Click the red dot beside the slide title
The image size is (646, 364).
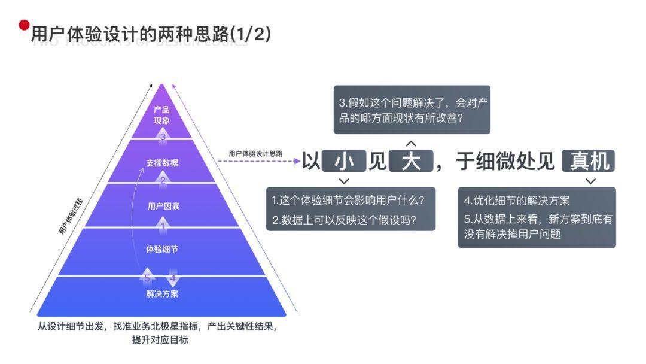click(x=24, y=25)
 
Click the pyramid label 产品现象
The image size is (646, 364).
click(x=161, y=115)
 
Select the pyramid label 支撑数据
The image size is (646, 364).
click(x=161, y=163)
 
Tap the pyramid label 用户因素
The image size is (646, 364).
click(x=163, y=206)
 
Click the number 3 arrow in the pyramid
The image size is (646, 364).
click(x=163, y=136)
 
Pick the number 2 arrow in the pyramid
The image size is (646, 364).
click(x=163, y=179)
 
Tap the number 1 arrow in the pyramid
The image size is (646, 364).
click(x=163, y=226)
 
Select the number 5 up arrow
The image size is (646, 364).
click(x=147, y=277)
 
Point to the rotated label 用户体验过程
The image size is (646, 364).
click(x=70, y=217)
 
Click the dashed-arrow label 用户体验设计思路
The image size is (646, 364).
click(x=255, y=153)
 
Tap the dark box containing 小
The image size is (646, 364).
click(x=343, y=161)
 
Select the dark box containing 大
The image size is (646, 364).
click(x=410, y=161)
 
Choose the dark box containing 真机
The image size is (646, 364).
click(x=589, y=161)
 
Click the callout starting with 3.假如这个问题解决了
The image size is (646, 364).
click(x=412, y=110)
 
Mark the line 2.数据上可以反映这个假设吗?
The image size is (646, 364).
click(x=345, y=220)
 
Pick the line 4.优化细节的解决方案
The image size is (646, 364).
click(x=517, y=200)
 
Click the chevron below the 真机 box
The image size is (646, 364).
click(x=590, y=181)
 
